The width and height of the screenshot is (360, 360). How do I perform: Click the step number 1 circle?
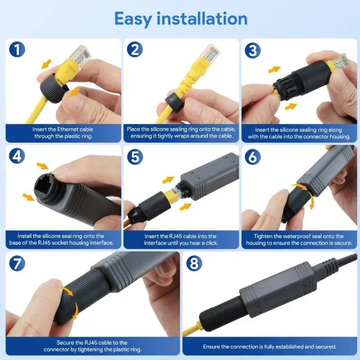pyautogui.click(x=17, y=49)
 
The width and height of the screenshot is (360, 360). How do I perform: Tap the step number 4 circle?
pyautogui.click(x=17, y=156)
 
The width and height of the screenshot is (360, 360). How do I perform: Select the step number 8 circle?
pyautogui.click(x=194, y=263)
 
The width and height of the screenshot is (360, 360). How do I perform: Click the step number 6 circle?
pyautogui.click(x=253, y=156)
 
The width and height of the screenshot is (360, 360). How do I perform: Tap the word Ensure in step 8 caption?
pyautogui.click(x=213, y=346)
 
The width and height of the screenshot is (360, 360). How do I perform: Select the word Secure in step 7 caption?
pyautogui.click(x=67, y=343)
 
